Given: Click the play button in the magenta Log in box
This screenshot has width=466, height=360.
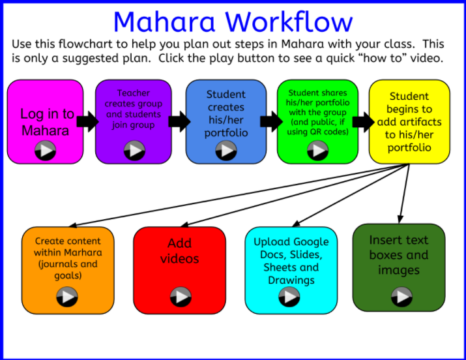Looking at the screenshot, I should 45,151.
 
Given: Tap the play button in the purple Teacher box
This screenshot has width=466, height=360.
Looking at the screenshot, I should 134,150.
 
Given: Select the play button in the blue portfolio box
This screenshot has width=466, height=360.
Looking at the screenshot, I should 226,151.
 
